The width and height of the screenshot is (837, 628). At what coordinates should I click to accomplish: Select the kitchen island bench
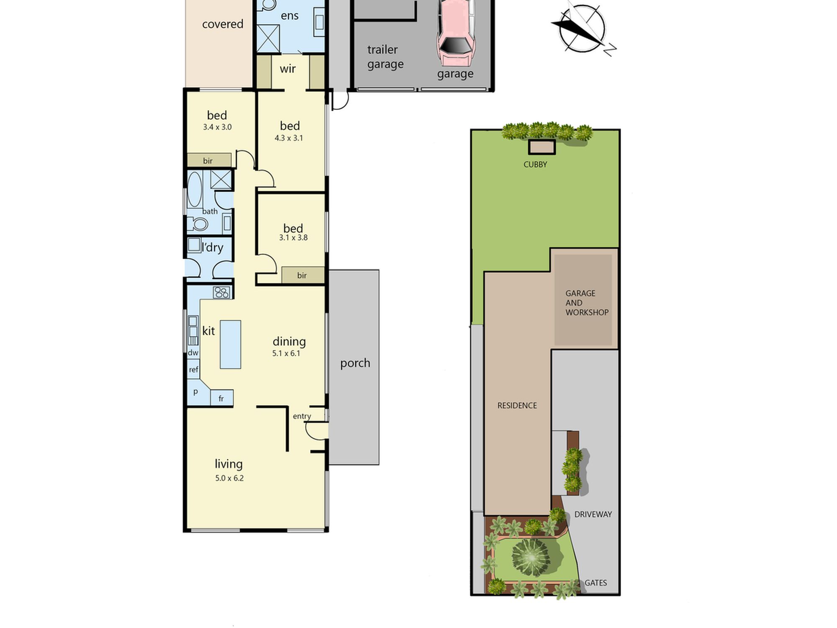tap(231, 345)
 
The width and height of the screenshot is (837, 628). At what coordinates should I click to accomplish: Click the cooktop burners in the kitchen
tap(222, 292)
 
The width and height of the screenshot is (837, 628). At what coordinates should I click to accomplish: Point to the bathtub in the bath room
tap(194, 190)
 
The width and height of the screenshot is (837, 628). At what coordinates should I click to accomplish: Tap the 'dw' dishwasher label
tap(193, 353)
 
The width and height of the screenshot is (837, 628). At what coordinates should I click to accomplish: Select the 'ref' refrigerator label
tap(193, 369)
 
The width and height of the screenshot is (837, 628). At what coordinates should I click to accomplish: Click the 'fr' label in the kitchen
tap(221, 399)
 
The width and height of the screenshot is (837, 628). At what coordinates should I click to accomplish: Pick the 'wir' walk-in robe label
tap(288, 69)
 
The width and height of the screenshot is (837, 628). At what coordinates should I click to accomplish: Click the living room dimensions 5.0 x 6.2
tap(229, 478)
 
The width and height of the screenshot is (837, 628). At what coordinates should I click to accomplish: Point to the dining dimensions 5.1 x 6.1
tap(286, 353)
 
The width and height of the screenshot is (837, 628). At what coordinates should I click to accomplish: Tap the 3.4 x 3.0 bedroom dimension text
tap(217, 127)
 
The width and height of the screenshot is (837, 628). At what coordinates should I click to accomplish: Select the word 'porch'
tap(355, 363)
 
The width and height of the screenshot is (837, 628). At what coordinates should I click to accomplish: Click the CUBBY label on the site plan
tap(535, 165)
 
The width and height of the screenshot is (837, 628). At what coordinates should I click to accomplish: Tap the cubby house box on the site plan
tap(542, 147)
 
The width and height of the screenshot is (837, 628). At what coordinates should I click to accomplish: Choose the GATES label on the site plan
tap(596, 583)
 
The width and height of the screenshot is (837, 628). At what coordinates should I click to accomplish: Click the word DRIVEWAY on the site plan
tap(593, 514)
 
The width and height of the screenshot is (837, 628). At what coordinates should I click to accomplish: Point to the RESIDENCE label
tap(517, 405)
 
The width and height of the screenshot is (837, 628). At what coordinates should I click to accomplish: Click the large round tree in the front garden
tap(531, 557)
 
